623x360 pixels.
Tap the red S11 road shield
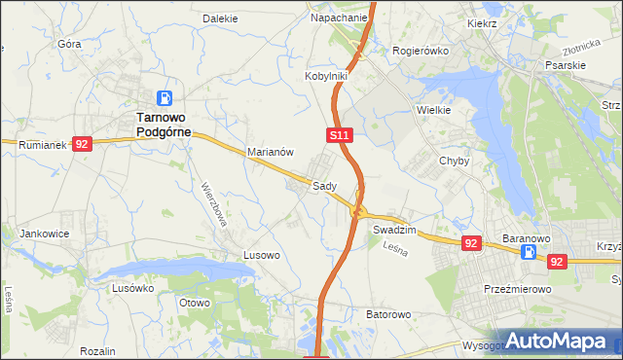point(338,134)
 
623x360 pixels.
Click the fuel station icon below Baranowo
point(529,253)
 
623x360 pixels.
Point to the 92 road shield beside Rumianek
point(81,144)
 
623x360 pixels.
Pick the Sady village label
point(324,186)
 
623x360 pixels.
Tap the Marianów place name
point(271,153)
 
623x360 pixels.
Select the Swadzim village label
point(394,230)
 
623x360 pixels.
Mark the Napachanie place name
point(339,18)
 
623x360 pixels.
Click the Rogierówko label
point(419,51)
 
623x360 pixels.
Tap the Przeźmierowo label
point(518,290)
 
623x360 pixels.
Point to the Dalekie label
point(220,18)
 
